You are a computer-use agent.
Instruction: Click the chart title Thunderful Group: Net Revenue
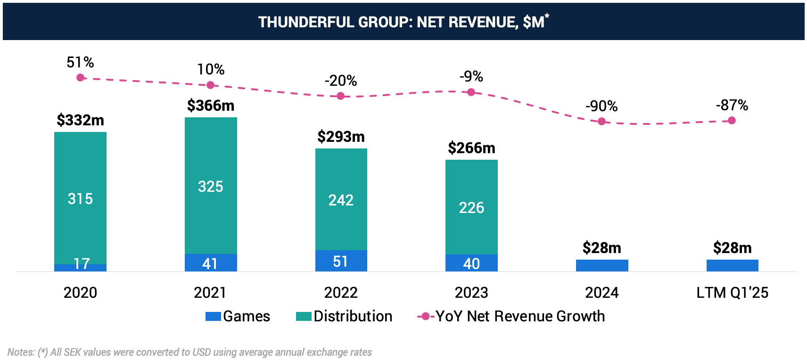(x=403, y=22)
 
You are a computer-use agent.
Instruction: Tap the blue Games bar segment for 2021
(x=211, y=263)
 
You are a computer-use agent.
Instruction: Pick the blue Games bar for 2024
(x=602, y=265)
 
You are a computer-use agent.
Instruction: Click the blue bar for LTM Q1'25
(x=732, y=265)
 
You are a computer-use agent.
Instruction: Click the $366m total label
(x=211, y=106)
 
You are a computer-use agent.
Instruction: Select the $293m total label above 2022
(x=341, y=137)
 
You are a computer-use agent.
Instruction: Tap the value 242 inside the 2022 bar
(x=341, y=200)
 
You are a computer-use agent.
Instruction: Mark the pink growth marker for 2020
(x=81, y=77)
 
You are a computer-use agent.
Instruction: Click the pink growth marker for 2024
(x=601, y=122)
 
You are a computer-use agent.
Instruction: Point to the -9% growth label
(x=471, y=76)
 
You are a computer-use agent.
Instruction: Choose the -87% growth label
(x=732, y=105)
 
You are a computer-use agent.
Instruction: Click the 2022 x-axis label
(x=341, y=293)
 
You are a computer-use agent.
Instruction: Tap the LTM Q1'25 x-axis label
(x=732, y=293)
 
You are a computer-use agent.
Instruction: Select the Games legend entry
(x=238, y=316)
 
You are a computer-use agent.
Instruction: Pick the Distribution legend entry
(x=344, y=316)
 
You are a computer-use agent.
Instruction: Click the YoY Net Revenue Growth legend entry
(x=511, y=316)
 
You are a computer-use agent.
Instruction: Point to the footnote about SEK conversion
(x=189, y=352)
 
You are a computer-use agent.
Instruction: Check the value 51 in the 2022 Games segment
(x=340, y=262)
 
